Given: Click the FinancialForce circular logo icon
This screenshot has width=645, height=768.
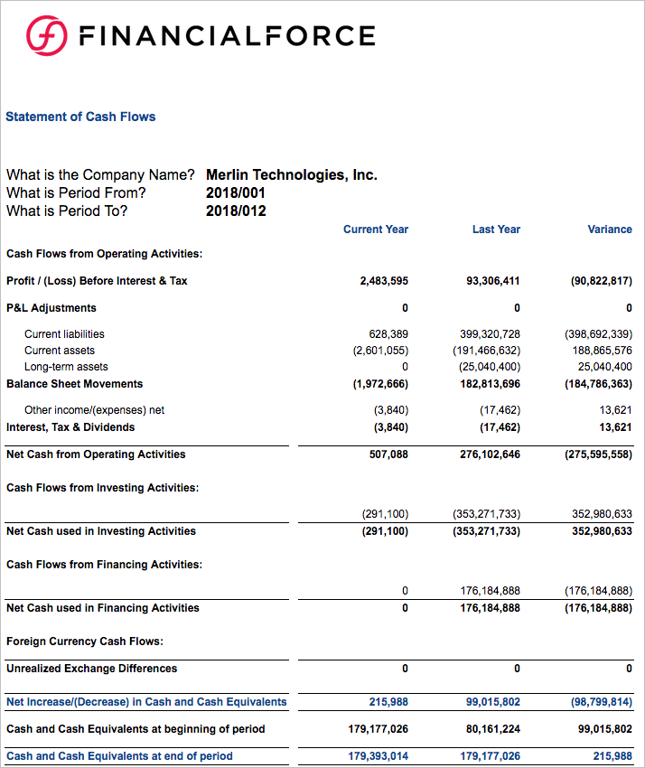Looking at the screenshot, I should point(45,36).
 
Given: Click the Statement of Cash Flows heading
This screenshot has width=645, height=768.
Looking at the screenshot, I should point(80,117).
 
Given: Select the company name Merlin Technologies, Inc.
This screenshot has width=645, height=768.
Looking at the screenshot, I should point(291,174).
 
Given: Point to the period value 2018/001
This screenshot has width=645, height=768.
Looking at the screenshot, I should point(236,192).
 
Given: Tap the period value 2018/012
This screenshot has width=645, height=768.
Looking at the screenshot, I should point(236,211).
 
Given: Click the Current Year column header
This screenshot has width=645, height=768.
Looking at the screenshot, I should point(376,229).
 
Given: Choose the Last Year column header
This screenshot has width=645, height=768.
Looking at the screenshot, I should point(496,229).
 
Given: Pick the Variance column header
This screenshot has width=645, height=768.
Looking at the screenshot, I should point(610,229).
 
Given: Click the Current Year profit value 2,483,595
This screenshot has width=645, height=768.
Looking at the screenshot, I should point(384,281).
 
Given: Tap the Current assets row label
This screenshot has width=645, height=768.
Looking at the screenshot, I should point(60,351).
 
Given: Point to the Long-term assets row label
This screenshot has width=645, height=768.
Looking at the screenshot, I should point(66,367).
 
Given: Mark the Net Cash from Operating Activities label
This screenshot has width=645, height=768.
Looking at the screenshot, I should point(96,454).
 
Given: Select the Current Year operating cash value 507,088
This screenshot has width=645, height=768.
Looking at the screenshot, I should point(388,454).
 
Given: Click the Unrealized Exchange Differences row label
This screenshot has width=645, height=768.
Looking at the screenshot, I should point(91,669).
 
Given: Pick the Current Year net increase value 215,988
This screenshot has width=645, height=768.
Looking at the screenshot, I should point(388,702).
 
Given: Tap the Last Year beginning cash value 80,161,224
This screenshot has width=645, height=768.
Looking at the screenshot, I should point(493,729).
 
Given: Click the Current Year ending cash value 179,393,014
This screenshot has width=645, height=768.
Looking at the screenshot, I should point(378,756).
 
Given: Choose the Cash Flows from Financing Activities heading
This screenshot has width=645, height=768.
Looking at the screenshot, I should point(104,565).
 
